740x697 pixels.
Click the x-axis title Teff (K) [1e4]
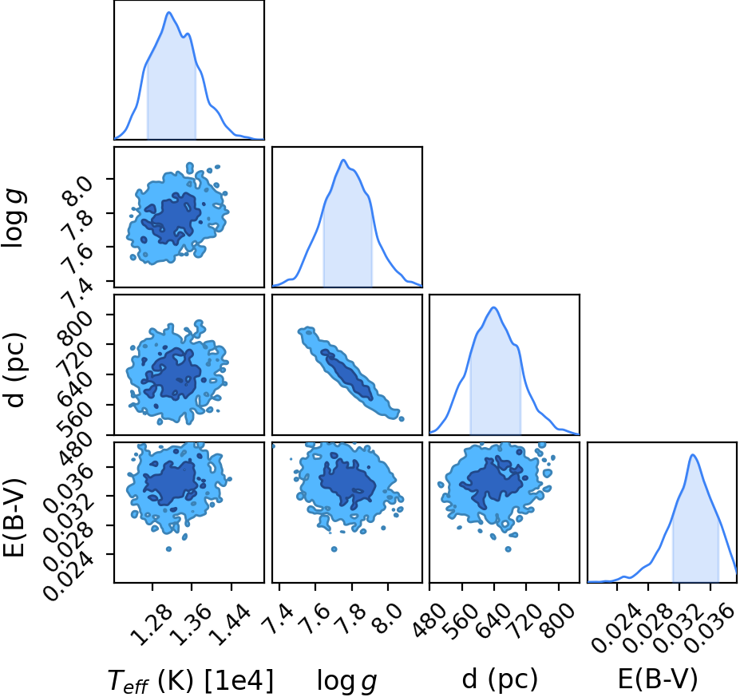[191, 681]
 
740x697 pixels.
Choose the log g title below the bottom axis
[347, 681]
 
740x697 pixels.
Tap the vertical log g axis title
[15, 217]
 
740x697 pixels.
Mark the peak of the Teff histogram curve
[168, 12]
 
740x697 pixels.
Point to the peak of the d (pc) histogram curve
[493, 307]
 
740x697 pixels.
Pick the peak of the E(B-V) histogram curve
[692, 455]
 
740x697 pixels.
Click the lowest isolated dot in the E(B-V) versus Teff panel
[168, 548]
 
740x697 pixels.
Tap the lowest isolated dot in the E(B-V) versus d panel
[509, 548]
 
